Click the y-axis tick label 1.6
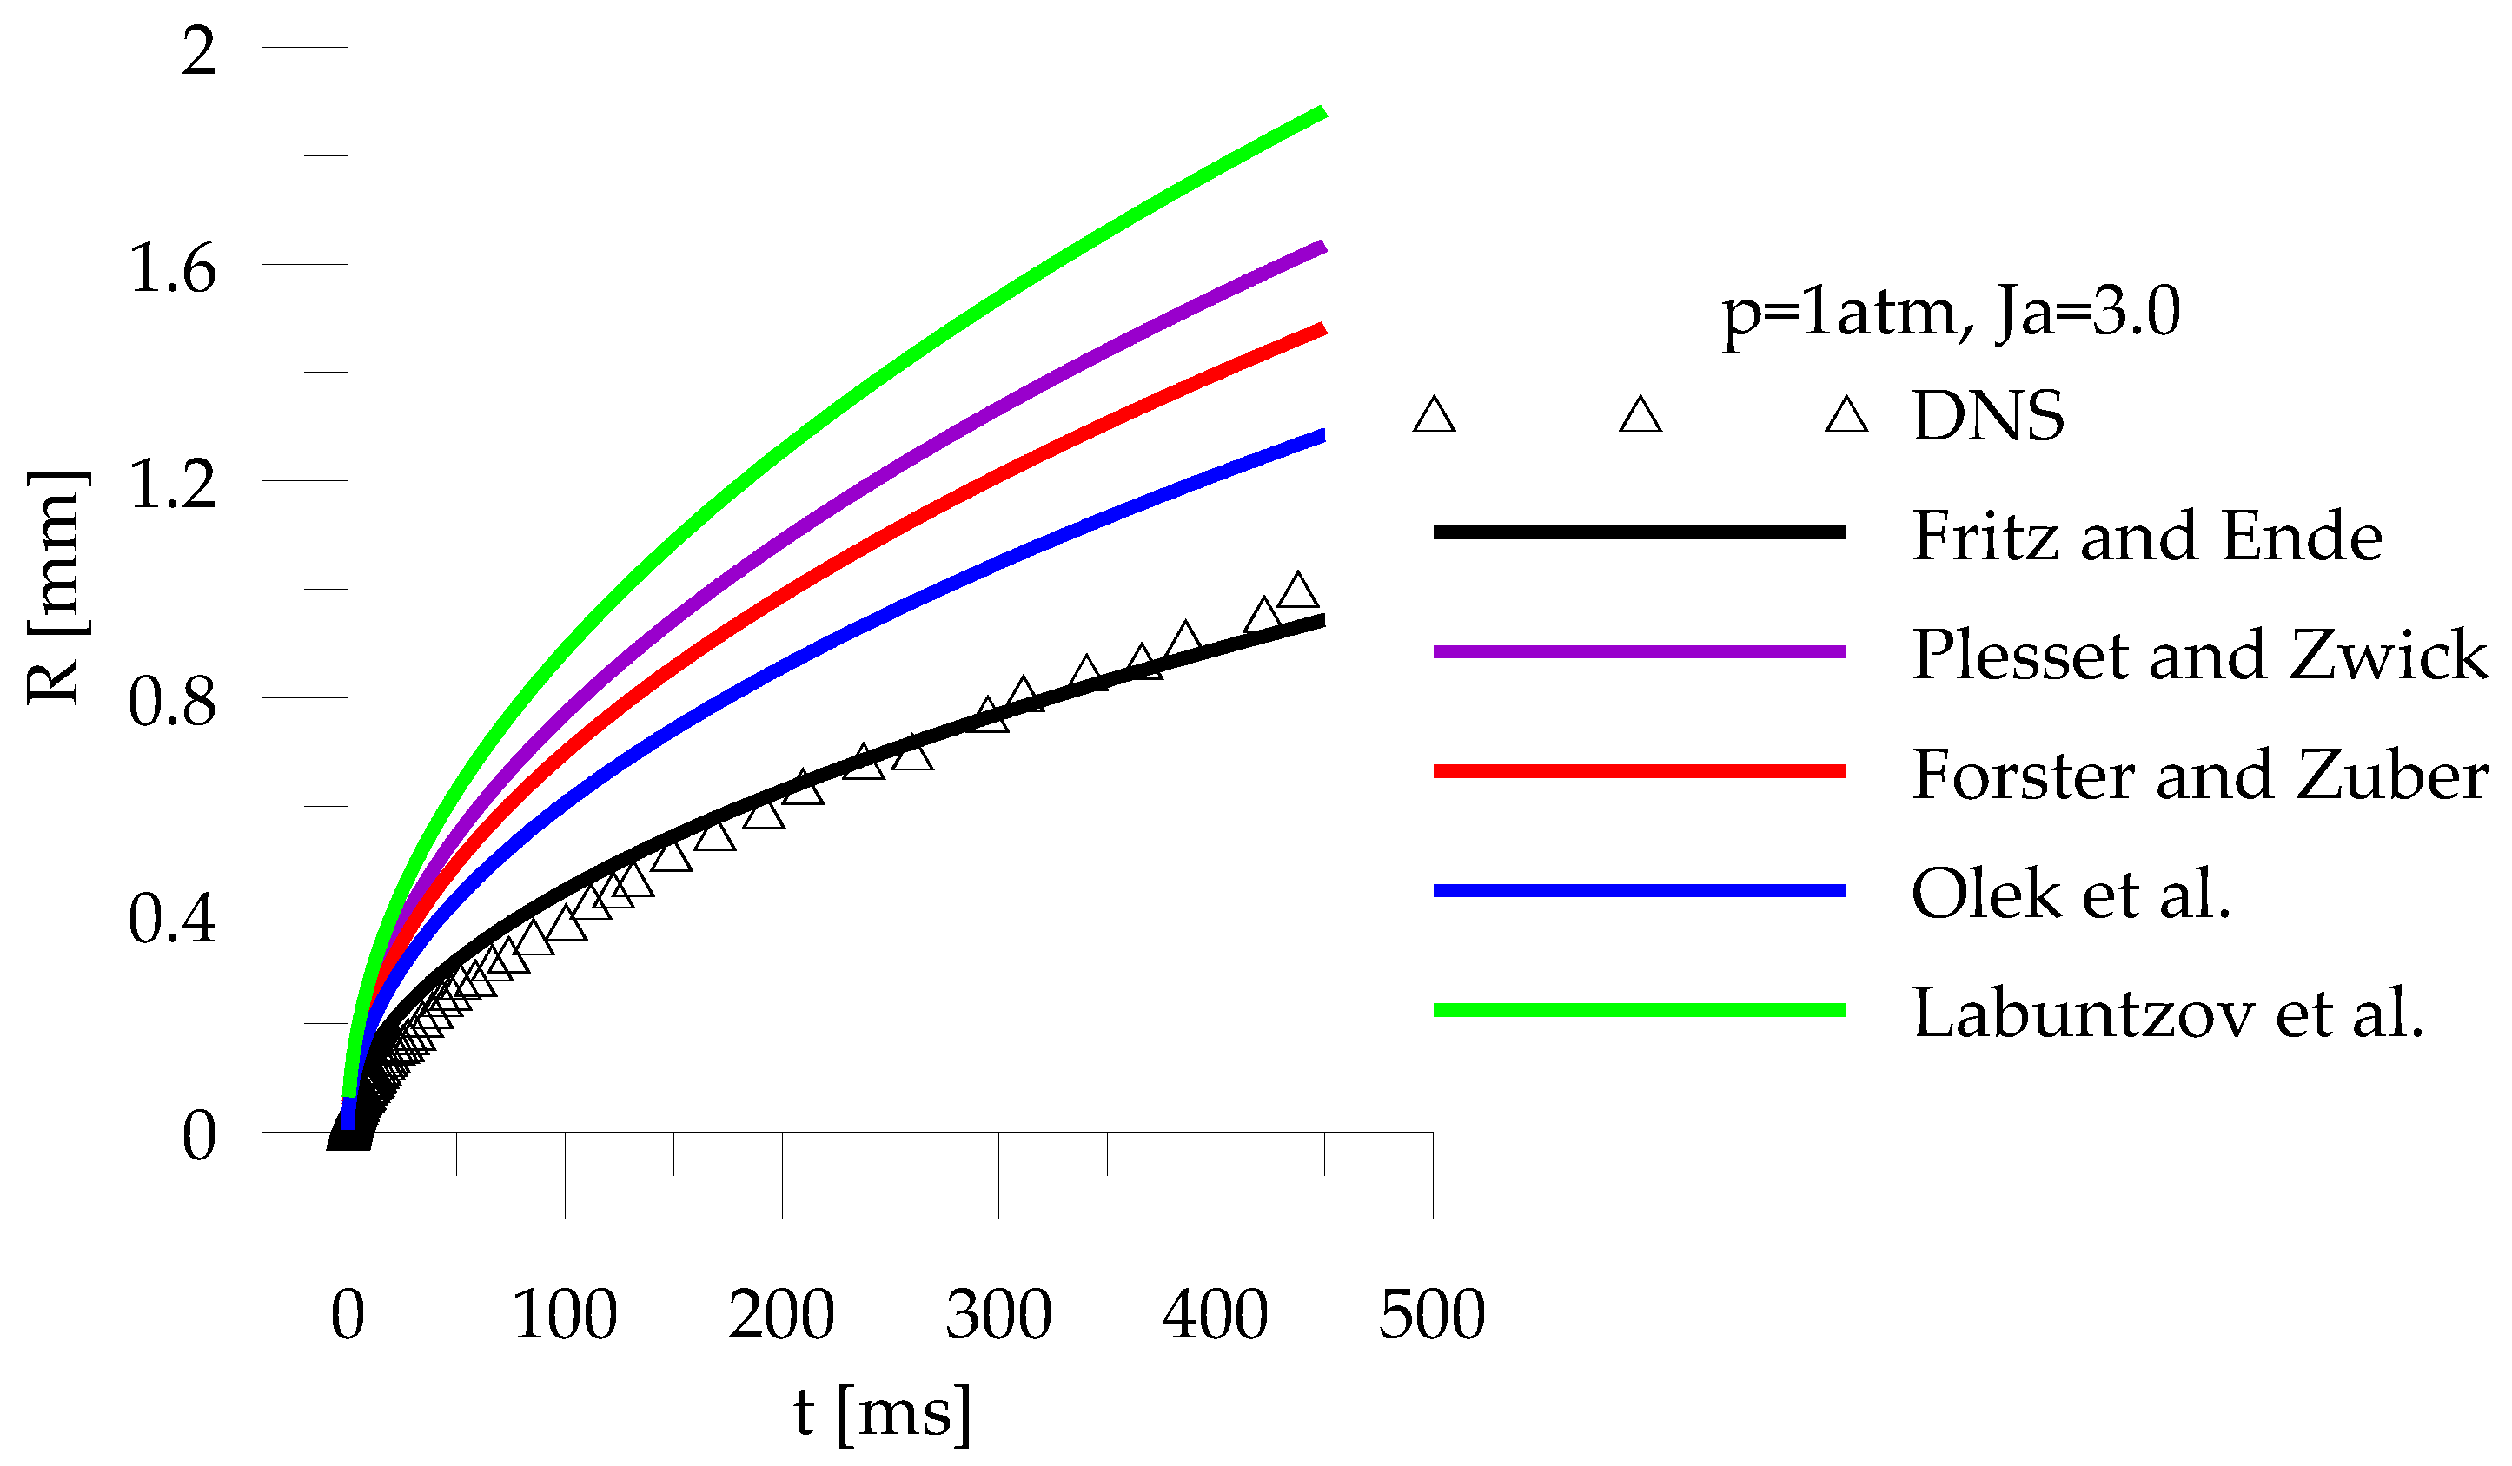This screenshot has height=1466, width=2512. click(172, 268)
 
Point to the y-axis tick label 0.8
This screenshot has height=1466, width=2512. click(172, 702)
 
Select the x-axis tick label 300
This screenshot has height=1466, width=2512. click(998, 1315)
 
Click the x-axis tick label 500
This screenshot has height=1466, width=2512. click(1431, 1315)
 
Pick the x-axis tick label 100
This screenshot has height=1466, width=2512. click(564, 1315)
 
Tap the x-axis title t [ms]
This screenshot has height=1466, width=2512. click(881, 1413)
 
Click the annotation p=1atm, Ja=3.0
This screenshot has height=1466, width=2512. click(1951, 312)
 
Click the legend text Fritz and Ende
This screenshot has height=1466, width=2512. click(2146, 536)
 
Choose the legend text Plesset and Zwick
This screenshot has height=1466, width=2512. click(2198, 655)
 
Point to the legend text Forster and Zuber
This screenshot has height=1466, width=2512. click(2198, 775)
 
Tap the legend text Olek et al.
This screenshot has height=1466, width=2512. click(2071, 894)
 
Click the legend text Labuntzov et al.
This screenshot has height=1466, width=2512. click(2167, 1014)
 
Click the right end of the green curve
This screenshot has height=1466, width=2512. click(1322, 113)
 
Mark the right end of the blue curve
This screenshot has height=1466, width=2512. click(1322, 435)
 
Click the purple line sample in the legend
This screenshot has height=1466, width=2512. click(1639, 651)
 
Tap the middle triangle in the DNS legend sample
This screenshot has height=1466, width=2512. click(1640, 414)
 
